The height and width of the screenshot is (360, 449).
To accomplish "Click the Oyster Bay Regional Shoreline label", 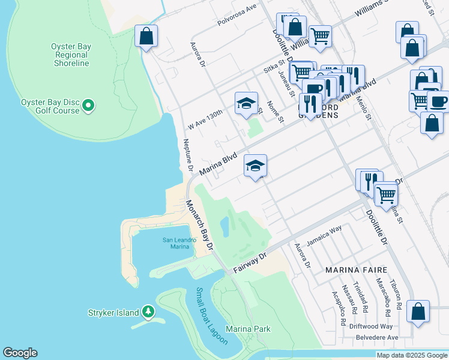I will tap(71, 55).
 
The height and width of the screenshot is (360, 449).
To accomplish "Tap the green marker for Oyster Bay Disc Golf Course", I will tap(89, 106).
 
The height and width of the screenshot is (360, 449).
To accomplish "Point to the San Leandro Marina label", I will tap(179, 243).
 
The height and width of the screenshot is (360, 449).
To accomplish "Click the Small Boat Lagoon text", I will tap(211, 316).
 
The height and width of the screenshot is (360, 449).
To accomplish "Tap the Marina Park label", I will tap(248, 329).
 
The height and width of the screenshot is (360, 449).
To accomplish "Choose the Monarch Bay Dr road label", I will tap(199, 226).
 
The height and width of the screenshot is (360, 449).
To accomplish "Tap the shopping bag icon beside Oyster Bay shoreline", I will tap(146, 37).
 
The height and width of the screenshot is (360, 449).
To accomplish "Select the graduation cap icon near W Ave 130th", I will tap(246, 103).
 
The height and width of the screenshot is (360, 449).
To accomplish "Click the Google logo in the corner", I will tap(20, 352).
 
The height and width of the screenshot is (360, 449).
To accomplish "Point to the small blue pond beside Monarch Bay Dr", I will tap(224, 226).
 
